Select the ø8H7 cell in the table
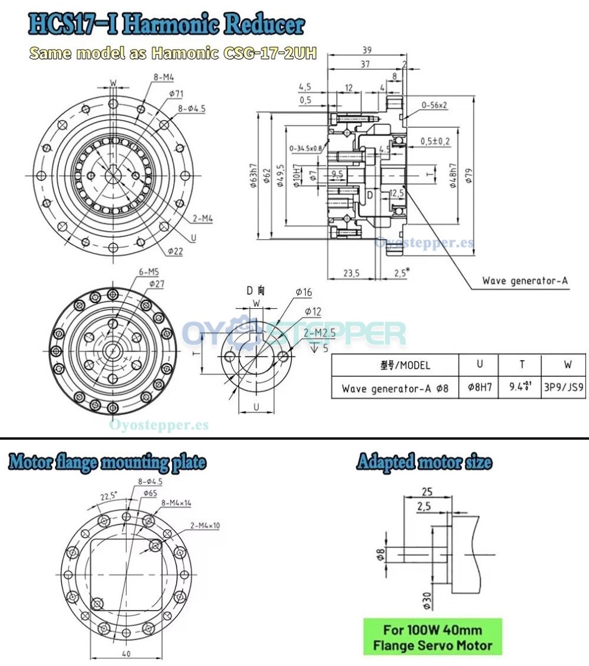click(480, 389)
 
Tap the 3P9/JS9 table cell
click(565, 389)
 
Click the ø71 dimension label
click(159, 93)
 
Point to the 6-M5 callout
click(148, 273)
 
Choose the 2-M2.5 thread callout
click(319, 334)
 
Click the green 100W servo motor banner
click(433, 637)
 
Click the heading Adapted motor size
click(424, 462)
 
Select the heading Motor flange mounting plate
click(108, 462)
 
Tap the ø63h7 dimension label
click(254, 175)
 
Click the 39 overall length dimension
click(367, 51)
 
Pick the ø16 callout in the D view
click(303, 292)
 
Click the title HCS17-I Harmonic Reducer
click(166, 24)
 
